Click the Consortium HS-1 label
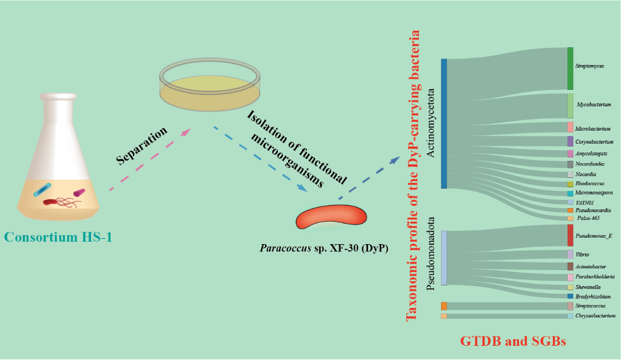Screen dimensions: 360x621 [59, 237]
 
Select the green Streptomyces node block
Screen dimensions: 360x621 [570, 68]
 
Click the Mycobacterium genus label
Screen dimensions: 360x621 [594, 104]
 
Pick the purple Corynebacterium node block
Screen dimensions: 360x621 [570, 141]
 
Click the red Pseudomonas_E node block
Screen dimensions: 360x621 [570, 235]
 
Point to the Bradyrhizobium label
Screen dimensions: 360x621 [593, 296]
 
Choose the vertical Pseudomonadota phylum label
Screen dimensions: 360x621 [431, 254]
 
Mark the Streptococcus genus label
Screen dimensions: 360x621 [590, 306]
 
